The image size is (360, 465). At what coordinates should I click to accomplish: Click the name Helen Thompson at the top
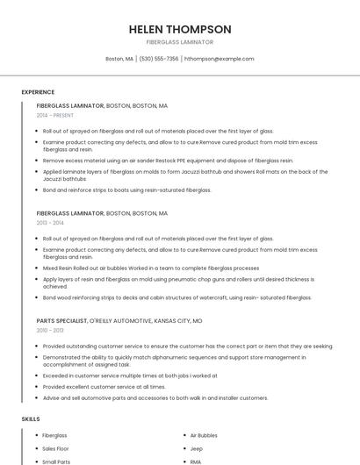180,29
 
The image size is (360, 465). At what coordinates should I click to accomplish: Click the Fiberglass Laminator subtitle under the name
180,42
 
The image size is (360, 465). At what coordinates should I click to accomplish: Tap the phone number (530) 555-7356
158,59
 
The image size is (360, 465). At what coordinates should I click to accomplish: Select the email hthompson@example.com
219,59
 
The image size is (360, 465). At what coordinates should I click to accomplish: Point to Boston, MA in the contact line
119,59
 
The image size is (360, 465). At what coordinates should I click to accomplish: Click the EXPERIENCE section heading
38,92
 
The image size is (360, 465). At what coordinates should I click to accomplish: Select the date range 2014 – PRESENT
54,115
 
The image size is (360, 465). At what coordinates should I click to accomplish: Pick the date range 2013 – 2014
51,223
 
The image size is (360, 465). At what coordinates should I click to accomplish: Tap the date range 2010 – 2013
51,331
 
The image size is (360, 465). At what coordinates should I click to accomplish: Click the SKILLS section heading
31,418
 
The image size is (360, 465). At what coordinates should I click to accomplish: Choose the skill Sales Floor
56,448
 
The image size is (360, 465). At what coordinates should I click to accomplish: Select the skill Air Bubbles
204,435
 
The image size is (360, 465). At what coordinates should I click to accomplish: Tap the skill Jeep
196,448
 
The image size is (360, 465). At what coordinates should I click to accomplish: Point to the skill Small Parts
56,461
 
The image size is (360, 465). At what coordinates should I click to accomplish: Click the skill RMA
196,461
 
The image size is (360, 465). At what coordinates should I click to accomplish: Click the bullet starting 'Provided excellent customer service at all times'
104,387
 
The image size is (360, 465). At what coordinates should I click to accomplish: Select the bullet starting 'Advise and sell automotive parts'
155,397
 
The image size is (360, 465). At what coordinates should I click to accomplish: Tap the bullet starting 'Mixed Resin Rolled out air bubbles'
150,268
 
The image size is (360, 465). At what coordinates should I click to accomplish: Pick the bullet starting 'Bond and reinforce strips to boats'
127,190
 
